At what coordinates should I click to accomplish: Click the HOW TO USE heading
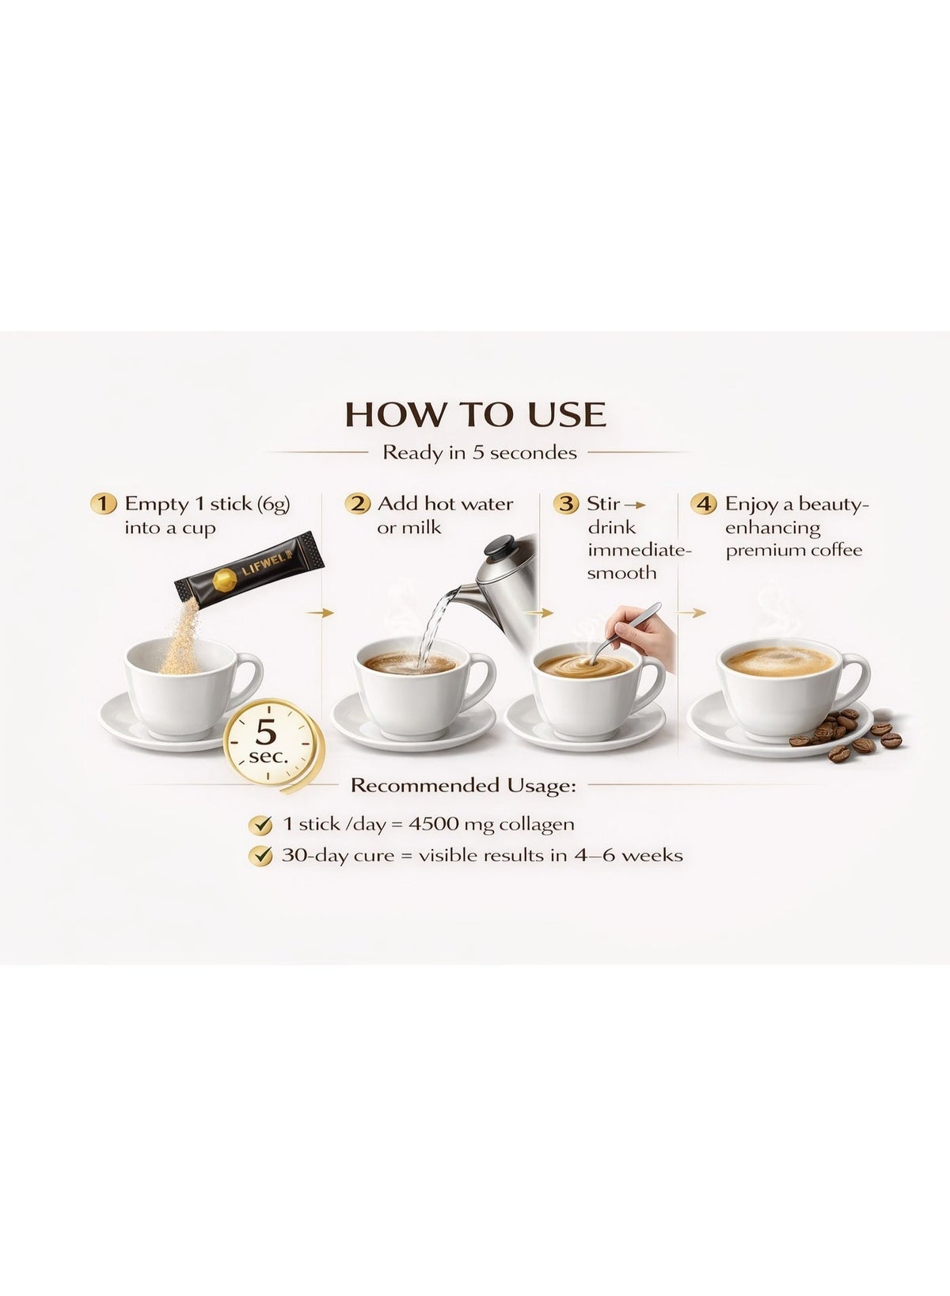pos(475,414)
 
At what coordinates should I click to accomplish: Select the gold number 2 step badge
pos(357,503)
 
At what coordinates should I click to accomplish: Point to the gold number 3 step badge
pos(566,503)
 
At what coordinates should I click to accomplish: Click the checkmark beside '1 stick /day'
pos(260,825)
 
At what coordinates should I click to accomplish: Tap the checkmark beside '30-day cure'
pos(260,855)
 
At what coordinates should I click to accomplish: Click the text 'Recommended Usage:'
pos(464,786)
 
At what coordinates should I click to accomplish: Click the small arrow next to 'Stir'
pos(635,505)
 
